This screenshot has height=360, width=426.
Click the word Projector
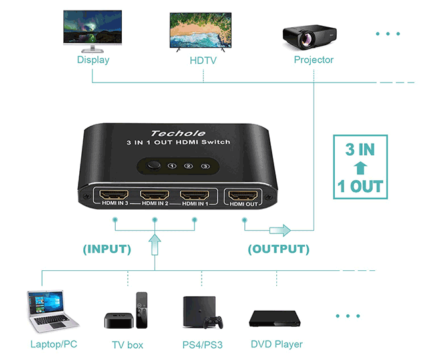coord(314,60)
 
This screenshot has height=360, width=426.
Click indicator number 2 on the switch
coord(188,166)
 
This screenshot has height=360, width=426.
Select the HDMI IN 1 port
coord(194,196)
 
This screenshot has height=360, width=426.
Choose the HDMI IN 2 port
coord(154,196)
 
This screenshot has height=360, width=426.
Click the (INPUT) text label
coord(107,250)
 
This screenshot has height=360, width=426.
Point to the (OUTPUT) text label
coord(278,250)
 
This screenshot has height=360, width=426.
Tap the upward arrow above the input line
coord(154,244)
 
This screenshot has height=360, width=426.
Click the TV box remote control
coord(141,309)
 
